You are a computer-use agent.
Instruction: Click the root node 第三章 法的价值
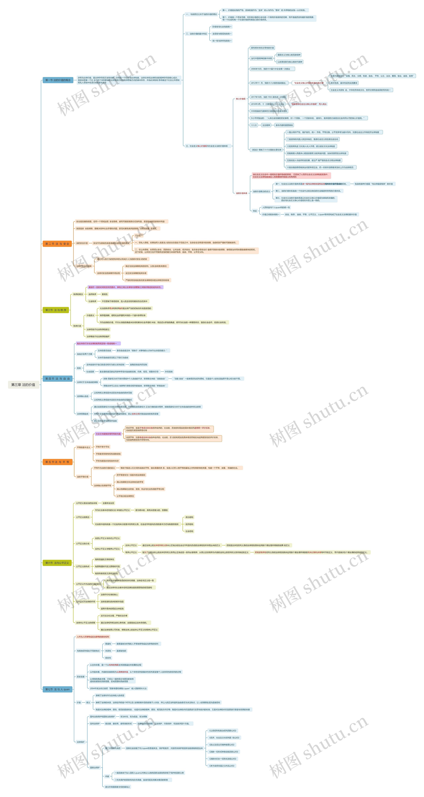click(x=23, y=385)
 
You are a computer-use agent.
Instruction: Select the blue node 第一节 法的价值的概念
click(x=58, y=80)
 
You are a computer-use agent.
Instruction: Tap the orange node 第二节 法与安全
click(x=57, y=244)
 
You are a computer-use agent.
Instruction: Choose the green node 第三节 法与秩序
click(x=56, y=310)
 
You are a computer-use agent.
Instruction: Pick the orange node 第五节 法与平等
click(x=57, y=462)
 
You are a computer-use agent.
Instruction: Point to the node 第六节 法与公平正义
click(x=57, y=563)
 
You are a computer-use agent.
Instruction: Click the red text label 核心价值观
click(x=240, y=99)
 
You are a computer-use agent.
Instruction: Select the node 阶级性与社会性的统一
click(x=222, y=27)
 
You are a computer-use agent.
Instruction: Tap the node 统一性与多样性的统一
click(x=222, y=41)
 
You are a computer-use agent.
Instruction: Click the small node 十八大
click(x=254, y=125)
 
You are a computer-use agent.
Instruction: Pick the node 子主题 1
click(x=139, y=236)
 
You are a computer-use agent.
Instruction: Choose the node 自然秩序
click(x=92, y=294)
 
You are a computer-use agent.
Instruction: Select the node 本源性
click(x=108, y=651)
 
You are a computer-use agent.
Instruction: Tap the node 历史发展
click(x=80, y=677)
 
